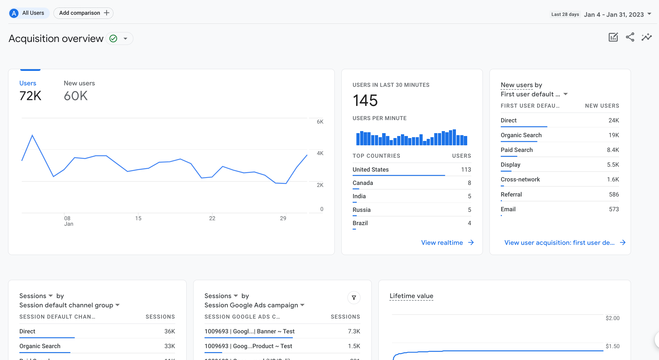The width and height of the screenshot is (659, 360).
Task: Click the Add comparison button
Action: (83, 13)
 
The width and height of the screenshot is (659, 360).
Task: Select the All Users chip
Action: (29, 13)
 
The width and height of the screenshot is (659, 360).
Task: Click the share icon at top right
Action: (630, 37)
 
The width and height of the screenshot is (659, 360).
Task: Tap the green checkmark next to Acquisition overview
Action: (113, 38)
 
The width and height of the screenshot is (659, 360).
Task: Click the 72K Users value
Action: (30, 96)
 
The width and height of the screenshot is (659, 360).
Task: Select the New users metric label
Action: (79, 83)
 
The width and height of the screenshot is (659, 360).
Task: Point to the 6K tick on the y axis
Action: (320, 122)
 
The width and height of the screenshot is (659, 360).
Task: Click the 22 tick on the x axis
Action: (212, 218)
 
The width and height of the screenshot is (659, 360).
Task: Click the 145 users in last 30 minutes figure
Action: (365, 100)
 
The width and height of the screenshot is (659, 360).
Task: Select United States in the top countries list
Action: (371, 170)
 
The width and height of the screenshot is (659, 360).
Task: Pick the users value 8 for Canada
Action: (469, 183)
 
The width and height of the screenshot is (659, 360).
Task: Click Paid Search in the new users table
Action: (517, 150)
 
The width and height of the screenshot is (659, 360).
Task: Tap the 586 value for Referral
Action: (614, 194)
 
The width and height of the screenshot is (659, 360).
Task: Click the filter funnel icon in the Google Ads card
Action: (354, 297)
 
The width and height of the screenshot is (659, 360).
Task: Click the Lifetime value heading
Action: (411, 296)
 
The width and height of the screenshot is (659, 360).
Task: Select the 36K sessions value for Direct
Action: (170, 331)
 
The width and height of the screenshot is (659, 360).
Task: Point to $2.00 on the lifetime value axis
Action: (612, 318)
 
